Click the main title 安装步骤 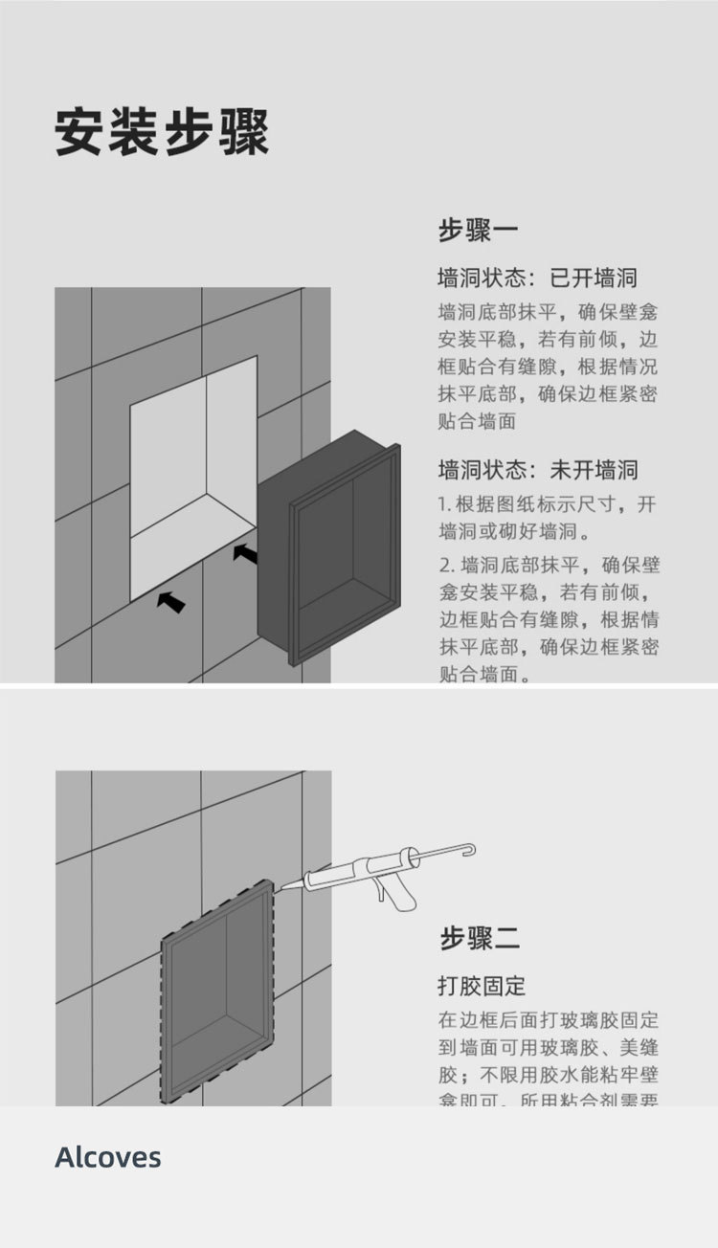click(x=162, y=132)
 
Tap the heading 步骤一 click(x=479, y=231)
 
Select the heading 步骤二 click(x=480, y=938)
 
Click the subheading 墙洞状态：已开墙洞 click(x=537, y=279)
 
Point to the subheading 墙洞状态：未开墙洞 click(x=537, y=470)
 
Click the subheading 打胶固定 click(x=482, y=986)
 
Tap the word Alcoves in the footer click(x=108, y=1157)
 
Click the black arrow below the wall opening click(x=171, y=601)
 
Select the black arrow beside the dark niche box click(x=245, y=553)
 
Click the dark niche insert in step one click(x=329, y=550)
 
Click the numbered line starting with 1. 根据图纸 click(x=548, y=504)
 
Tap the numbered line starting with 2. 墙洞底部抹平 click(x=549, y=565)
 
